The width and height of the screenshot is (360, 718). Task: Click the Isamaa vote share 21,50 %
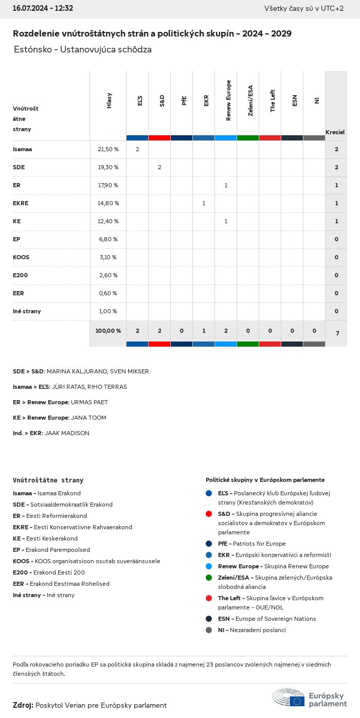pos(108,149)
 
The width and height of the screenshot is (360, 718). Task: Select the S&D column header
pos(162,101)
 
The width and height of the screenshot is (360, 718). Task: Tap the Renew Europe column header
pos(228,101)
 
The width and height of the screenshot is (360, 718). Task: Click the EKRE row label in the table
pos(21,203)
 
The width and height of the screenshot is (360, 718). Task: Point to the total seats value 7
pos(337,333)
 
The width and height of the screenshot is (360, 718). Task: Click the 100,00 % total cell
pos(108,331)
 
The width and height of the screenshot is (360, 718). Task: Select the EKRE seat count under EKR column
pos(204,203)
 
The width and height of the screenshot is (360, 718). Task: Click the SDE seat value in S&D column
pos(159,167)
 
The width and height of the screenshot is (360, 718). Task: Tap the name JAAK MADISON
pos(67,433)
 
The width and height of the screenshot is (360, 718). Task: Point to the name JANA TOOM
pos(88,418)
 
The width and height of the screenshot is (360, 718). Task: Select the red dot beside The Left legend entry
pos(208,598)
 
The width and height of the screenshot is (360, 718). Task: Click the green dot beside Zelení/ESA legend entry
pos(208,578)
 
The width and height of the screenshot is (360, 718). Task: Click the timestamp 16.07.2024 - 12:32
pos(43,8)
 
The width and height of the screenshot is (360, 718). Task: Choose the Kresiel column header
pos(335,132)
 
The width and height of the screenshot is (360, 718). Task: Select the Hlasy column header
pos(109,101)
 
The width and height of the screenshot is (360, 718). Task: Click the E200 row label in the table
pos(21,275)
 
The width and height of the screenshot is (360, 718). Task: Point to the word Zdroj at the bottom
pos(23,705)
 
